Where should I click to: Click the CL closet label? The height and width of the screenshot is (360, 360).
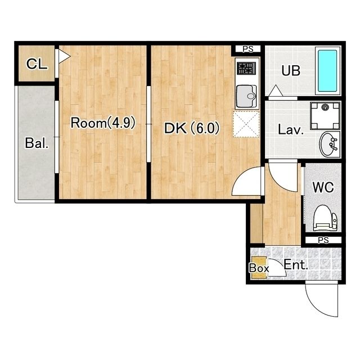tap(37, 64)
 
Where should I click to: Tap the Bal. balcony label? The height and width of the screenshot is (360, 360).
tap(37, 143)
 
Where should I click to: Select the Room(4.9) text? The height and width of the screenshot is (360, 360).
tap(103, 123)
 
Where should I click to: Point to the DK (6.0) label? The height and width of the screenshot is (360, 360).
tap(192, 128)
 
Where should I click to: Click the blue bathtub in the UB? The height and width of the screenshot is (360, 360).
tap(327, 70)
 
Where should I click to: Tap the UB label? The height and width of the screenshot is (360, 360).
tap(291, 70)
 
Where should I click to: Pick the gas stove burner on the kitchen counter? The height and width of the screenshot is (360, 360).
tap(247, 69)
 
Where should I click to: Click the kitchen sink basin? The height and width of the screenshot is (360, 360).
tap(246, 96)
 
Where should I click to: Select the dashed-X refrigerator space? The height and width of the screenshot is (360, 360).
tap(246, 124)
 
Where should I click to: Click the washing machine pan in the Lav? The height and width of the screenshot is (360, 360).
tap(325, 116)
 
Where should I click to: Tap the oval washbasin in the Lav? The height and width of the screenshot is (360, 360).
tap(328, 144)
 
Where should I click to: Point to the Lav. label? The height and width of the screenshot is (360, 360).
tap(291, 130)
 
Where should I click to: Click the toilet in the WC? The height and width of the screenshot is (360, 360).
tap(325, 218)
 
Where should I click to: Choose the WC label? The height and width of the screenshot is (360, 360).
tap(323, 187)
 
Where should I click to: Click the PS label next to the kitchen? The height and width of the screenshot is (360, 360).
tap(248, 49)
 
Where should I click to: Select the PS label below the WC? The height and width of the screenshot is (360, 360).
tap(323, 240)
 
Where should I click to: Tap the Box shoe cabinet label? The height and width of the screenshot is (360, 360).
tap(259, 268)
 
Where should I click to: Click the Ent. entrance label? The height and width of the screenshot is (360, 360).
tap(296, 265)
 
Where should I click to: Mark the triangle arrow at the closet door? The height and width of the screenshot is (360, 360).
tap(64, 56)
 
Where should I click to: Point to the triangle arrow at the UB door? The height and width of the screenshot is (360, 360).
tap(276, 91)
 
